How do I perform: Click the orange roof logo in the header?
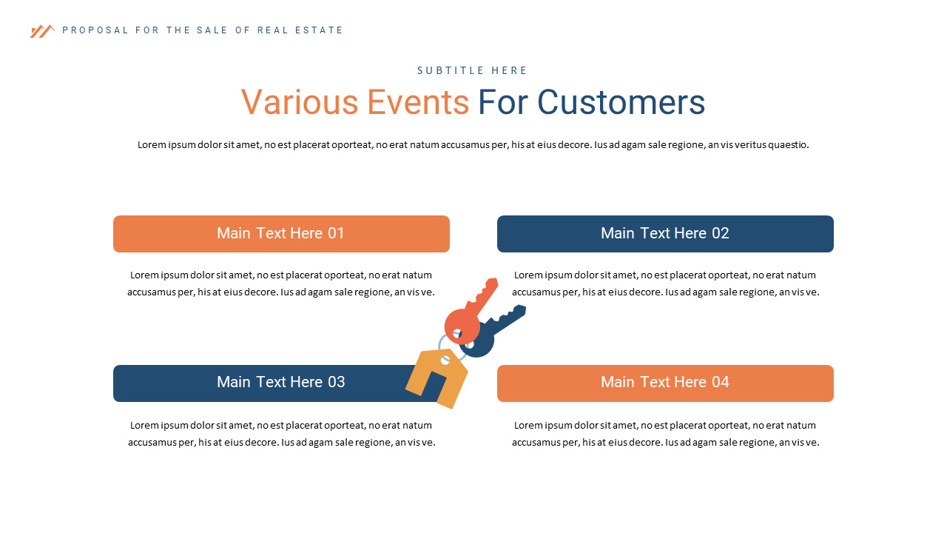tap(41, 31)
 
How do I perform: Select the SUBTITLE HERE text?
tap(473, 71)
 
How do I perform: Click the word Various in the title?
tap(299, 102)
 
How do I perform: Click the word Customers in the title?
tap(621, 102)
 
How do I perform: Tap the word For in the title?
tap(503, 102)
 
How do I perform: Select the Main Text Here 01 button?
tap(281, 234)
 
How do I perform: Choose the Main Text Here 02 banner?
tap(665, 234)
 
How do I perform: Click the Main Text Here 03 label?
tap(280, 383)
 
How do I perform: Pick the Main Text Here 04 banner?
tap(665, 383)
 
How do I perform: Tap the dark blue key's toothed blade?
tap(509, 316)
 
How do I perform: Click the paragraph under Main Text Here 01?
tap(281, 284)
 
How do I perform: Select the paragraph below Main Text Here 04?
tap(665, 434)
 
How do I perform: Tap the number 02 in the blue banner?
tap(720, 234)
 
